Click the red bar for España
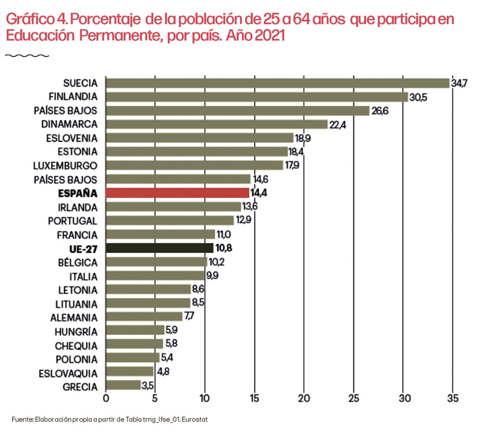pos(177,193)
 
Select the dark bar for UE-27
pos(159,248)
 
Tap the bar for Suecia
pos(277,83)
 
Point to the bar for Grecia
pos(123,385)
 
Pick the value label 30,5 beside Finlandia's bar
pos(418,96)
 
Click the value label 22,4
pos(338,124)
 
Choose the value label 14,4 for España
pos(258,193)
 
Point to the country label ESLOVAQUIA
pos(68,372)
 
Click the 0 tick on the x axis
pos(106,399)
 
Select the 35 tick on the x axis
pos(452,399)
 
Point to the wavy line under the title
pos(27,55)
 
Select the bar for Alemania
pos(144,317)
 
